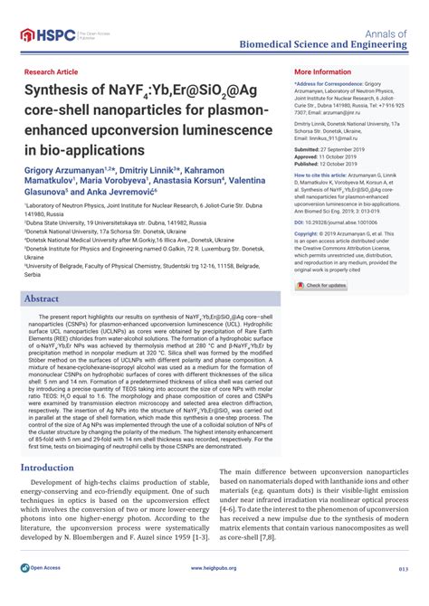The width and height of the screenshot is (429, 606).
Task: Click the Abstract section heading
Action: click(48, 298)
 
